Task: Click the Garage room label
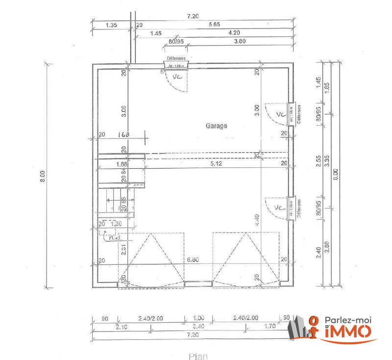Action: pyautogui.click(x=216, y=126)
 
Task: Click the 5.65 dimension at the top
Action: pyautogui.click(x=214, y=24)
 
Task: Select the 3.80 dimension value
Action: pyautogui.click(x=240, y=42)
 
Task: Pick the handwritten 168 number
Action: pyautogui.click(x=124, y=134)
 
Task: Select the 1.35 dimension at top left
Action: pyautogui.click(x=111, y=24)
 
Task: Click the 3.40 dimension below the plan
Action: pyautogui.click(x=198, y=325)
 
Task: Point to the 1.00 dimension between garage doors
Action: pyautogui.click(x=198, y=317)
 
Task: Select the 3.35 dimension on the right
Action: pyautogui.click(x=327, y=162)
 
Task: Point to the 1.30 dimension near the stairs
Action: pyautogui.click(x=116, y=224)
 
